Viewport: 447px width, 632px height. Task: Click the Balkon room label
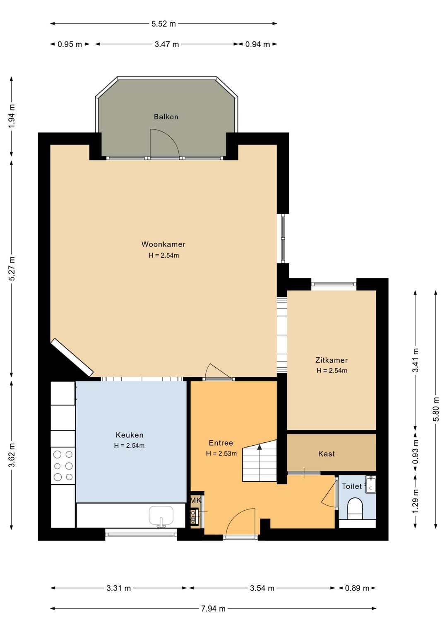(x=166, y=117)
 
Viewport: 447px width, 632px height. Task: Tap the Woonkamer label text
(x=163, y=244)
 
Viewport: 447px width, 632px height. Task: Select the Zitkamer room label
(x=332, y=360)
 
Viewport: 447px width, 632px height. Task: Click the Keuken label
(x=130, y=435)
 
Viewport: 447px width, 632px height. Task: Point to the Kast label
(x=326, y=453)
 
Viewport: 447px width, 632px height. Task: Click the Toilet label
(x=351, y=486)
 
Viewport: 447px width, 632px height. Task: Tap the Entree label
(x=221, y=443)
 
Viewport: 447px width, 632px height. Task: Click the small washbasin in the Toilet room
(x=370, y=484)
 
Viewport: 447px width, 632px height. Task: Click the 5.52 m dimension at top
(x=163, y=24)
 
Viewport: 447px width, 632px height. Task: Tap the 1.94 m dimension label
(x=12, y=116)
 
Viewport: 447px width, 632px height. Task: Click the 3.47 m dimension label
(x=167, y=44)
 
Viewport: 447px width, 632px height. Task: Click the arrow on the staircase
(x=260, y=447)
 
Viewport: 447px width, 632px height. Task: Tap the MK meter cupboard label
(x=196, y=500)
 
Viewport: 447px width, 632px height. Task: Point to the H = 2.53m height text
(x=221, y=453)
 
